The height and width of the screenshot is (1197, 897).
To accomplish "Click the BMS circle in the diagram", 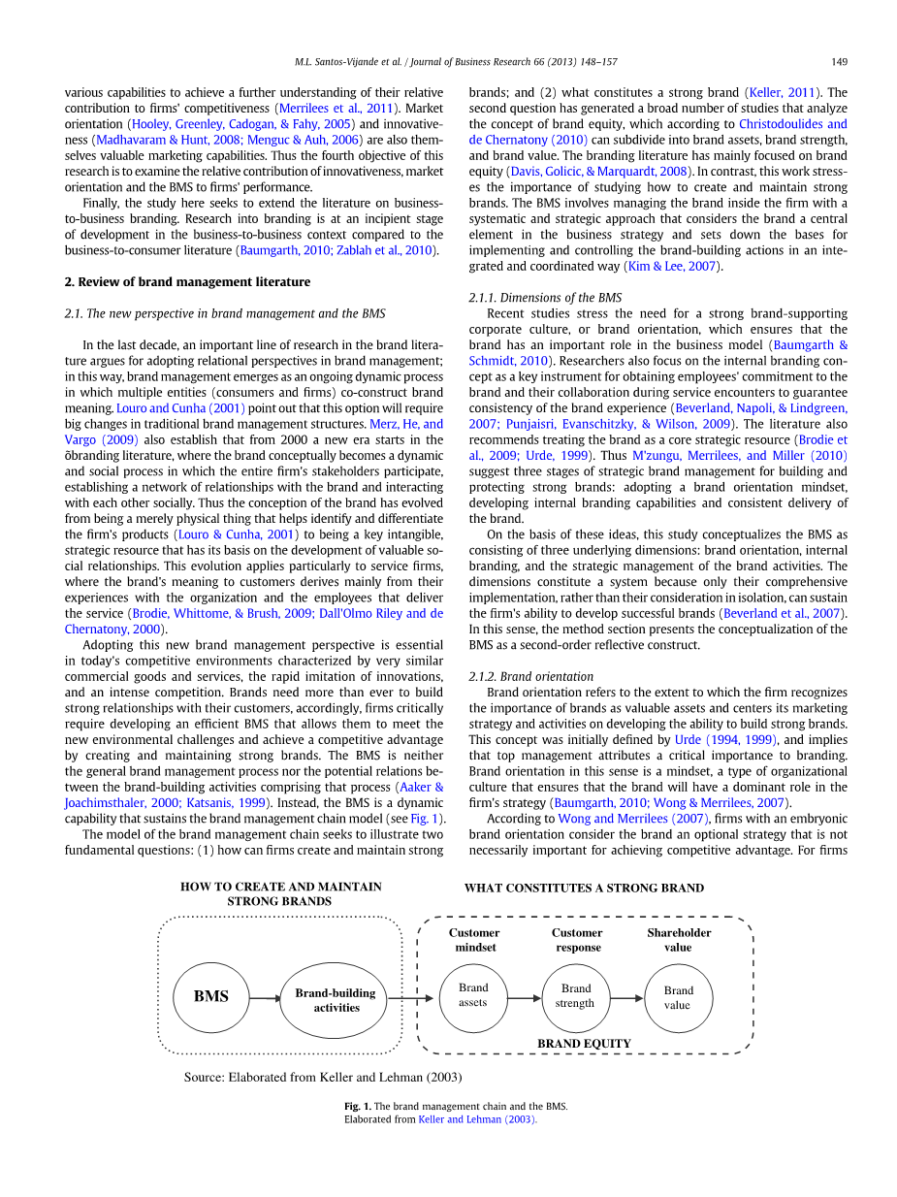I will [210, 997].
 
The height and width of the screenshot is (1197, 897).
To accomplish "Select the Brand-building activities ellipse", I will [335, 1000].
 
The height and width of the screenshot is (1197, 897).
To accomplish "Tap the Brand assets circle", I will [473, 997].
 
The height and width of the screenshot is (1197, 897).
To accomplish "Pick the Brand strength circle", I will [575, 997].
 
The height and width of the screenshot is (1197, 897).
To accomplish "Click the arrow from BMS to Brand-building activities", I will [264, 998].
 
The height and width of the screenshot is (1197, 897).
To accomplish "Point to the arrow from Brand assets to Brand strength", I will [524, 997].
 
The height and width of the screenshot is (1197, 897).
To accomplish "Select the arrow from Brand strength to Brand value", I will [626, 997].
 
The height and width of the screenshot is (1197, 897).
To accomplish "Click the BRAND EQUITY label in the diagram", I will [584, 1044].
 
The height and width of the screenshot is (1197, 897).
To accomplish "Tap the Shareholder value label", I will [679, 940].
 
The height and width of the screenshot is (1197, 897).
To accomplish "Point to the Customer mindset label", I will [474, 940].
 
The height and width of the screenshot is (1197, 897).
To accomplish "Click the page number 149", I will [839, 62].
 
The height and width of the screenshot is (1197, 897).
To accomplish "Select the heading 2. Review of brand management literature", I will [187, 282].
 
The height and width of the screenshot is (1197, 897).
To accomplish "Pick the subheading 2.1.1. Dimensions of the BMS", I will [545, 298].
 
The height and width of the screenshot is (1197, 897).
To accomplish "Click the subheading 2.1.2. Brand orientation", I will [531, 676].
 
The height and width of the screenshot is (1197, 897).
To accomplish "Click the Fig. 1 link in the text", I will [424, 819].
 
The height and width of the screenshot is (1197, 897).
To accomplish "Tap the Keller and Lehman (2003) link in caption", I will [477, 1119].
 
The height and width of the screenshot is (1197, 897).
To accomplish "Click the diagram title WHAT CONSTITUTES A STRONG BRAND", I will [584, 888].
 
